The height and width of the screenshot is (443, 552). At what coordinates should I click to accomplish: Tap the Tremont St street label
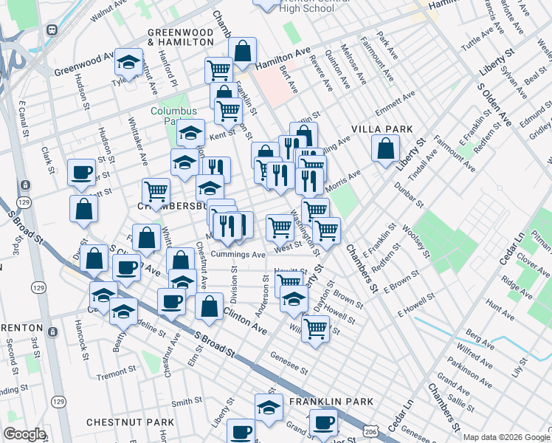(113, 375)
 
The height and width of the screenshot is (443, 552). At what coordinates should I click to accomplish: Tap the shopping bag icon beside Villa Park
(385, 149)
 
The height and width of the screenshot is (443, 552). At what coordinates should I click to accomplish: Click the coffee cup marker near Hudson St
(81, 174)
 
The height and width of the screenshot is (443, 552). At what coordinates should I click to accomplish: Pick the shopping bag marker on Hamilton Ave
(242, 52)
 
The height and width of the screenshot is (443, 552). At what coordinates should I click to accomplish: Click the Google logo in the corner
(24, 434)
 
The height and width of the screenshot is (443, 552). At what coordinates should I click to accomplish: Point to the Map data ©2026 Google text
(506, 437)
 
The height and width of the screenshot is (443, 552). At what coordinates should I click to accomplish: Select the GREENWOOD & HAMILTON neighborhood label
(180, 38)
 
